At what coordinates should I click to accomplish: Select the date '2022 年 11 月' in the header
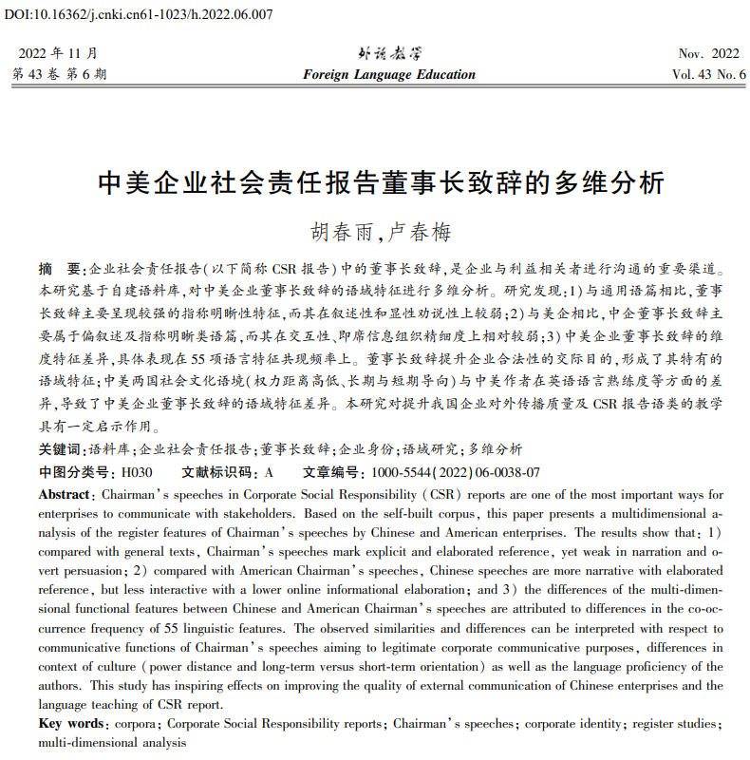[x=58, y=54]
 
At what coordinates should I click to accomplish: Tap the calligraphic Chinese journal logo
[x=388, y=54]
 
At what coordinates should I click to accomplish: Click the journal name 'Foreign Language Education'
[x=389, y=75]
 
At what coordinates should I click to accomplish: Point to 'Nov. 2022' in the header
[x=708, y=54]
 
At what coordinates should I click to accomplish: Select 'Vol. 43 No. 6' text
[x=708, y=75]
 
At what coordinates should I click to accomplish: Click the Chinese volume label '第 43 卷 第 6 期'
[x=59, y=75]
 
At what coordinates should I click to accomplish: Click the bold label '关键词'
[x=59, y=449]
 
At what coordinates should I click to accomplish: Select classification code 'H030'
[x=136, y=472]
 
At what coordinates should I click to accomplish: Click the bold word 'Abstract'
[x=65, y=495]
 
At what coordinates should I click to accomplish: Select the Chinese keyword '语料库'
[x=106, y=449]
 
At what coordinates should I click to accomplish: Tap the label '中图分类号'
[x=76, y=472]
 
